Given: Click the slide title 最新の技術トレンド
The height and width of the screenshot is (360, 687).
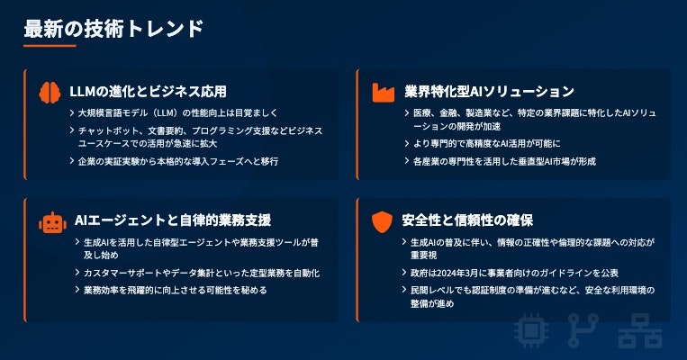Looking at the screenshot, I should click(x=113, y=28).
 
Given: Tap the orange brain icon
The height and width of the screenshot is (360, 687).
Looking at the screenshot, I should click(x=50, y=91).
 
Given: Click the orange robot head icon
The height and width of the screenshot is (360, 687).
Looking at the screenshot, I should click(x=50, y=221).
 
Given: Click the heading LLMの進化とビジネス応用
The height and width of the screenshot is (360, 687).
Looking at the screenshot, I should click(x=148, y=91).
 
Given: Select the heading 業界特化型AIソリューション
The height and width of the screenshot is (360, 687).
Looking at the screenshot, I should click(x=489, y=91).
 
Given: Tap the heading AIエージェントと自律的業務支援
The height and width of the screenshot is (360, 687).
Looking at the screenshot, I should click(x=170, y=220).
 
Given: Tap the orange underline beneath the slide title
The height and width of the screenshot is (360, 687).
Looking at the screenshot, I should click(x=50, y=46).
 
